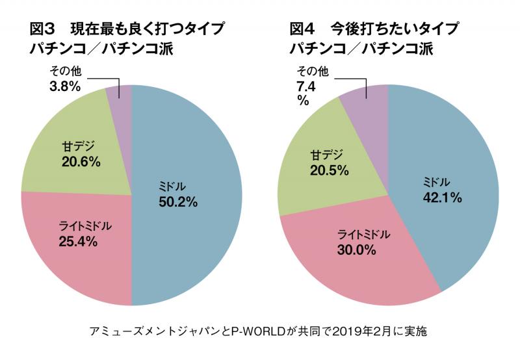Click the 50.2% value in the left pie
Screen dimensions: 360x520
(177, 201)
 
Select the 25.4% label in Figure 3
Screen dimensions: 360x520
(78, 242)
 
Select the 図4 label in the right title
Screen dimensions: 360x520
(303, 29)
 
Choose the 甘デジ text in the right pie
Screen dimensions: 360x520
(324, 155)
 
